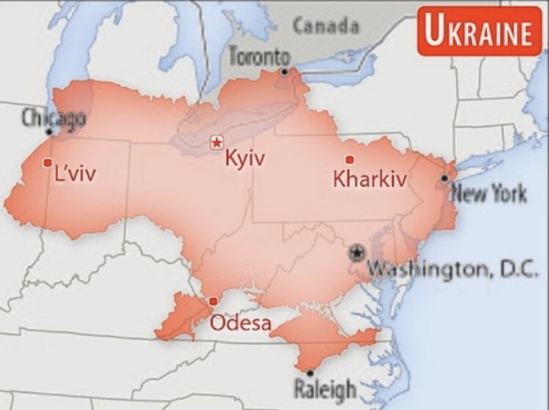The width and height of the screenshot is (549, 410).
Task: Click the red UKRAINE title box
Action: click(x=479, y=32)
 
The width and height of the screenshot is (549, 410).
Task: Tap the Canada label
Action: click(x=326, y=26)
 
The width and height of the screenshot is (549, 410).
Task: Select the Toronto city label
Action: click(x=259, y=55)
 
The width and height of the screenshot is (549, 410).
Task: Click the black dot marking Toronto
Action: click(x=284, y=71)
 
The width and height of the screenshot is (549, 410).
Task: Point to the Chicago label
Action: click(x=54, y=117)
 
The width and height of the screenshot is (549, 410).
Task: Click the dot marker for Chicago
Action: click(x=49, y=132)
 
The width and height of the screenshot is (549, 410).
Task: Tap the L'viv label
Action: click(x=75, y=174)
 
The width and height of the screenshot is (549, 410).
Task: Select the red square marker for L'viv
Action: click(x=48, y=163)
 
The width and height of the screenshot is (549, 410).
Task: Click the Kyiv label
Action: click(x=245, y=158)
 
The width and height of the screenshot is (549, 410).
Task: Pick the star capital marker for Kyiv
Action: click(x=216, y=142)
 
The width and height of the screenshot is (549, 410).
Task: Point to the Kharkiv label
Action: click(x=369, y=179)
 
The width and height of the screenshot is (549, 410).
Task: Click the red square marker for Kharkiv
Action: click(x=350, y=160)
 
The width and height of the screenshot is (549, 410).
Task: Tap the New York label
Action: click(x=488, y=194)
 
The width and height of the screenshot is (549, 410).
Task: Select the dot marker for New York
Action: click(x=444, y=178)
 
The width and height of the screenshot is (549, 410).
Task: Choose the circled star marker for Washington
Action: click(x=357, y=253)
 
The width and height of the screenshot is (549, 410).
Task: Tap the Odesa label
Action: click(x=240, y=322)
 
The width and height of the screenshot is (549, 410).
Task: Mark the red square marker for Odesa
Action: click(x=213, y=301)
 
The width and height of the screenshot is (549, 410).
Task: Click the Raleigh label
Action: click(x=325, y=388)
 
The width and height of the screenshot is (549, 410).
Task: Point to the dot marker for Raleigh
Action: click(x=309, y=372)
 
